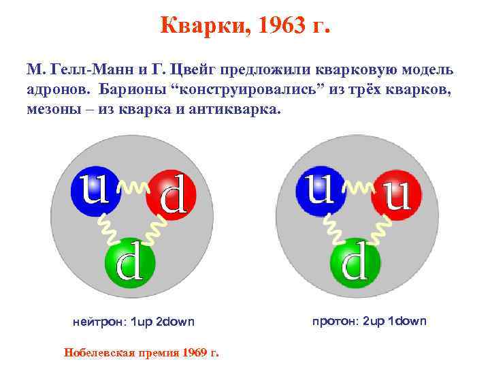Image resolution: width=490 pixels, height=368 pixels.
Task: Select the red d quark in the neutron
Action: coord(171,193)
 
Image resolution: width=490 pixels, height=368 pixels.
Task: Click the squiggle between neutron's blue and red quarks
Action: coord(134,186)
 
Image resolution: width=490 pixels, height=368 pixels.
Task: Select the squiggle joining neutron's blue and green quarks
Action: coord(107,228)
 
